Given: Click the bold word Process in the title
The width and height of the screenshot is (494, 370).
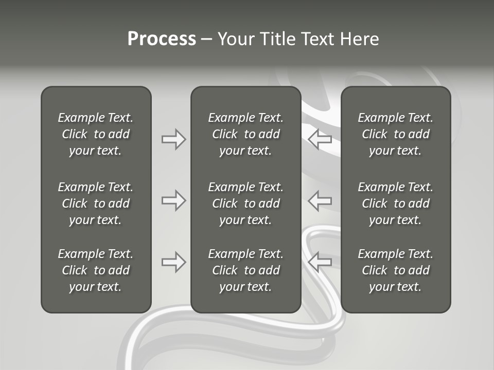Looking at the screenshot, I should [162, 39].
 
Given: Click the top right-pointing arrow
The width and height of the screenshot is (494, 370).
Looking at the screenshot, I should [173, 139].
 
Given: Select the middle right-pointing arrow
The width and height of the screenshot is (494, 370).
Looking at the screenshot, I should [173, 200].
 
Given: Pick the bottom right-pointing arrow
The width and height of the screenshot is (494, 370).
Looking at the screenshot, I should [173, 262].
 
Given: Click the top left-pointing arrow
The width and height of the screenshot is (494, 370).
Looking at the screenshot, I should [320, 139].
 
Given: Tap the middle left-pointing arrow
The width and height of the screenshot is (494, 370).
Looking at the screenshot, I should [320, 200].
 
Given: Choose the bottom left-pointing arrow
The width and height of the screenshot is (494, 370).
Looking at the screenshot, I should [320, 262].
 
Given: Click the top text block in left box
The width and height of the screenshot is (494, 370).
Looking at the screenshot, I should [96, 134].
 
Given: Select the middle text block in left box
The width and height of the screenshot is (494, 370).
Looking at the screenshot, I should [96, 203].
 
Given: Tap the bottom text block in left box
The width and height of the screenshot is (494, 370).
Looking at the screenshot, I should [96, 270].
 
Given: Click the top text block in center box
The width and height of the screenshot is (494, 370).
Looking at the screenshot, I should [245, 134].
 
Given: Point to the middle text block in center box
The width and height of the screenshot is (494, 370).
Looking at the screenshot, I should [245, 203].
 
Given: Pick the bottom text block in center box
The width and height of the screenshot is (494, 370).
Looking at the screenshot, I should [245, 270].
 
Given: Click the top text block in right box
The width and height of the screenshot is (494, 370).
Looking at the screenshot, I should [395, 134].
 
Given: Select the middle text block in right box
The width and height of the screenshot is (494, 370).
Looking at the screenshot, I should [395, 203].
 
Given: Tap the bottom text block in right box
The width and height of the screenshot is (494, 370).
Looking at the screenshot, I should [395, 270].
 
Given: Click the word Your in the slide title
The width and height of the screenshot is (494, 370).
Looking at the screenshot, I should [235, 39].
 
